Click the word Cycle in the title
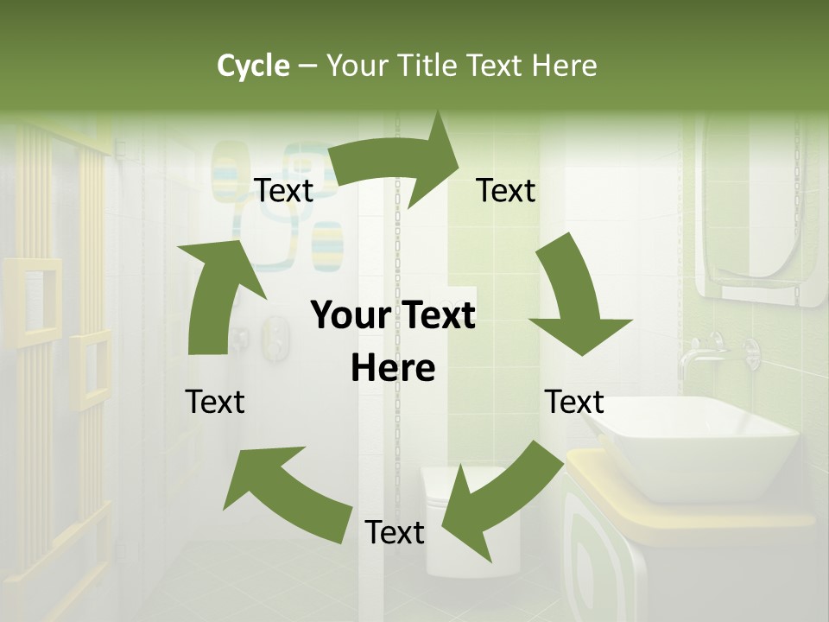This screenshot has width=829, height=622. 253,66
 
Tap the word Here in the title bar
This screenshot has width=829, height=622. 565,66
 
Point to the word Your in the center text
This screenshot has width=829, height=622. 349,316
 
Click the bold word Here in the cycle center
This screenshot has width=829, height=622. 393,368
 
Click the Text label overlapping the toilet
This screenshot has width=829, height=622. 395,532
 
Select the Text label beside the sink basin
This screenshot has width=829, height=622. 574,402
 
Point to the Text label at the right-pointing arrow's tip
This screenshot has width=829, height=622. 506,190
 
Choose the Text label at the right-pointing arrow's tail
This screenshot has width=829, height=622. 283,190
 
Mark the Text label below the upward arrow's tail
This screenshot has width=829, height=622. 215,402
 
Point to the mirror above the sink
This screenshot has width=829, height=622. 760,216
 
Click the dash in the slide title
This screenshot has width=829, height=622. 307,66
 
